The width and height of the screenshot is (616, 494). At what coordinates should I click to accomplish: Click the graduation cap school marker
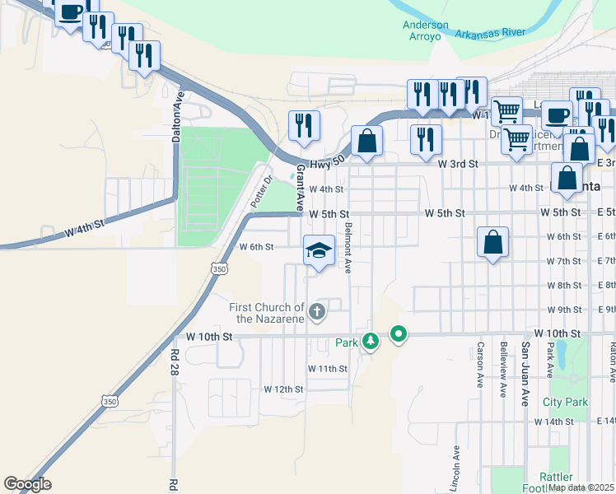(x=319, y=250)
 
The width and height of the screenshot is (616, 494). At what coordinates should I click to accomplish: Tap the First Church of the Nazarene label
(x=267, y=313)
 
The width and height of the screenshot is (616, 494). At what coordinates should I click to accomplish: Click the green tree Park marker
(x=371, y=340)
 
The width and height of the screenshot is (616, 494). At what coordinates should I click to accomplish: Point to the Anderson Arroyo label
(x=426, y=30)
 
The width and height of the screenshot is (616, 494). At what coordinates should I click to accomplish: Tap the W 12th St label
(x=283, y=389)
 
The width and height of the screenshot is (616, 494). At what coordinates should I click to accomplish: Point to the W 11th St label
(x=328, y=368)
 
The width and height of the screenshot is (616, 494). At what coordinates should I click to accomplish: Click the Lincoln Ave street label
(x=455, y=465)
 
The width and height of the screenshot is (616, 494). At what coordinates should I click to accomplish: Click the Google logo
(x=27, y=484)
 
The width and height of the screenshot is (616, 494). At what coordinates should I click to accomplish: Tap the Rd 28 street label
(x=175, y=360)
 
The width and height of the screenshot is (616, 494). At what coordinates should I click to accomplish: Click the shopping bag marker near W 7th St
(x=492, y=243)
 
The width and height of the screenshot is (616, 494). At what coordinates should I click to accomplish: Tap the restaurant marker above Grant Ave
(x=304, y=125)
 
